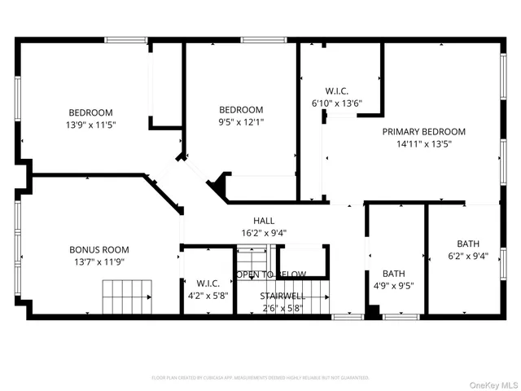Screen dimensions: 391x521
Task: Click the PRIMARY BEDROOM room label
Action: click(x=424, y=131)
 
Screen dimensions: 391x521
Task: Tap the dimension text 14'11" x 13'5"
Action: click(x=424, y=143)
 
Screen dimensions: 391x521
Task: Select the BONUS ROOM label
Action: click(x=96, y=250)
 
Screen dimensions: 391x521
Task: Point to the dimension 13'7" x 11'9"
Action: click(x=96, y=262)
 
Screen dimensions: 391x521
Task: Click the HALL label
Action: click(x=263, y=221)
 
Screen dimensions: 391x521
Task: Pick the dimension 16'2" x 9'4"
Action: click(x=263, y=233)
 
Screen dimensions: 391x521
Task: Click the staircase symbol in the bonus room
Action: click(x=127, y=296)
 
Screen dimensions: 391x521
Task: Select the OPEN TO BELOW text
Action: click(x=271, y=275)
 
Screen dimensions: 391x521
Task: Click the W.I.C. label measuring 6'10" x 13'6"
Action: click(x=336, y=91)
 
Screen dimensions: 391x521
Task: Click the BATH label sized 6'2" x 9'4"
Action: click(x=468, y=244)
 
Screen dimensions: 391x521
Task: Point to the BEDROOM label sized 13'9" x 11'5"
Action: click(x=90, y=112)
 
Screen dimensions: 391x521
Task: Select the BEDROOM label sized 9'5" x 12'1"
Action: click(x=241, y=110)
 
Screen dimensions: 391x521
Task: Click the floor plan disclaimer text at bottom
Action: click(x=260, y=378)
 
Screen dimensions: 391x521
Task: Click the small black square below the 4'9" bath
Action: click(x=372, y=311)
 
